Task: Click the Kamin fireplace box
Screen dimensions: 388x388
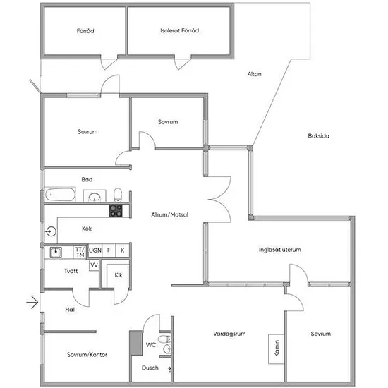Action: [x=276, y=349]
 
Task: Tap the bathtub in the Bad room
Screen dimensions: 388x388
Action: [x=60, y=195]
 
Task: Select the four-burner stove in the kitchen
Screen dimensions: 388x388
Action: [x=116, y=211]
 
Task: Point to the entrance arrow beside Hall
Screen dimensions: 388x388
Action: [x=32, y=302]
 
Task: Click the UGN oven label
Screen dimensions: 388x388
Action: [x=95, y=250]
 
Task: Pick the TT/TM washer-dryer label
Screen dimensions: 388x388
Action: [x=80, y=252]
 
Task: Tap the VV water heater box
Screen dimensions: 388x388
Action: [x=94, y=265]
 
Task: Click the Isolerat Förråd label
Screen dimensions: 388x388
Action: [x=180, y=30]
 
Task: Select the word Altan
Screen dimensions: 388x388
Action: [x=255, y=74]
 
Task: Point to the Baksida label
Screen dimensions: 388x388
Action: [x=318, y=135]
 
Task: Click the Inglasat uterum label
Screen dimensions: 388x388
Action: [x=280, y=250]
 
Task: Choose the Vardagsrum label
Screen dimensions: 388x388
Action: [x=229, y=334]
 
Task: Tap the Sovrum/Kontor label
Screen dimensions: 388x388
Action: [x=87, y=355]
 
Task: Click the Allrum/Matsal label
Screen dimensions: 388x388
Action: [x=170, y=214]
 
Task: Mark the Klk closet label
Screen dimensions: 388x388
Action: [x=119, y=275]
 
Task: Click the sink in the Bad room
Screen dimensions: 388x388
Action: [x=95, y=197]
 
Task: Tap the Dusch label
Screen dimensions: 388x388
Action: [x=150, y=368]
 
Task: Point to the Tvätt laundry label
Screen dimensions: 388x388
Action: [x=71, y=271]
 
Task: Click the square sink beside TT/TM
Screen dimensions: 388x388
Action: [x=56, y=253]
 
